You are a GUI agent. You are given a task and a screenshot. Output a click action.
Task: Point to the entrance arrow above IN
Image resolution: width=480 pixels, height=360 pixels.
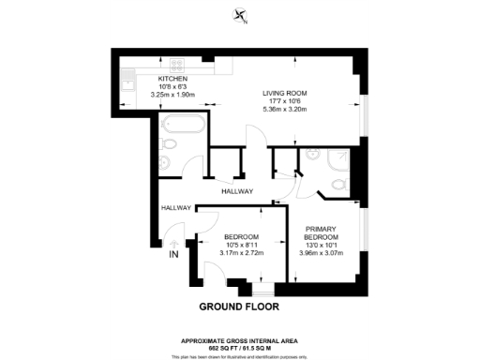click(x=172, y=241)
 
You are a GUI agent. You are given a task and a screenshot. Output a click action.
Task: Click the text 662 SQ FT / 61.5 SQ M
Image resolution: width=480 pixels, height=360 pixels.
click(x=239, y=346)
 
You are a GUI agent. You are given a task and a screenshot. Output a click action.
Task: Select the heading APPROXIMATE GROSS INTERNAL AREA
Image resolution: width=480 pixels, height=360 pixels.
click(x=239, y=339)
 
